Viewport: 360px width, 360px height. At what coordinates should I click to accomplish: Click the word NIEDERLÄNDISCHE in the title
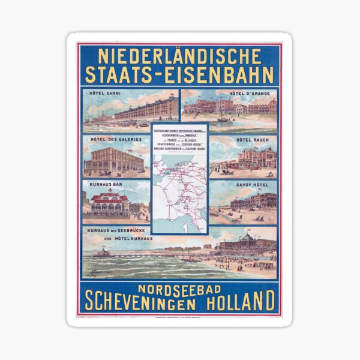coord(179,57)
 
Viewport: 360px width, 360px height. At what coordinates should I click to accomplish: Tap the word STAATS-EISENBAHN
coord(179,75)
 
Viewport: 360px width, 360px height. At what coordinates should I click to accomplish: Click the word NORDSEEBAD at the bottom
coord(179,286)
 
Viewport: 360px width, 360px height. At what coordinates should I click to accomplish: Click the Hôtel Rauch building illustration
coord(255,158)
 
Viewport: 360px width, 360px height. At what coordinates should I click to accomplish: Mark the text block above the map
coord(179,139)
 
